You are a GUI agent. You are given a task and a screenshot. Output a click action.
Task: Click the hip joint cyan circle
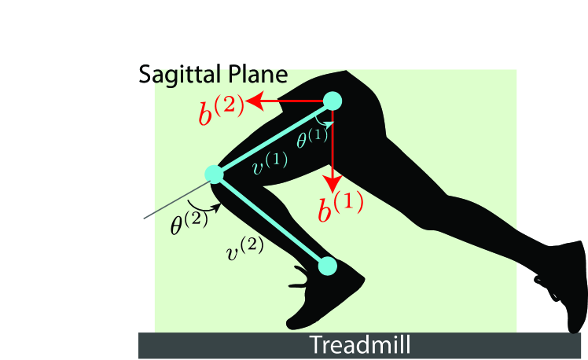tap(333, 101)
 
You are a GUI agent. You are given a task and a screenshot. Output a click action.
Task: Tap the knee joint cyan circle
tap(214, 173)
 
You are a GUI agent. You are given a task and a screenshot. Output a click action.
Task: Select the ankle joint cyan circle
tap(327, 266)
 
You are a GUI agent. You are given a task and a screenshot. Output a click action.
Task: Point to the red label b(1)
tap(340, 208)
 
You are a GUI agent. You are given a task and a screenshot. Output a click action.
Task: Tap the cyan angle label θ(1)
tap(311, 139)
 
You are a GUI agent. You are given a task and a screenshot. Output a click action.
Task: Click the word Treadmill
tap(359, 345)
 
